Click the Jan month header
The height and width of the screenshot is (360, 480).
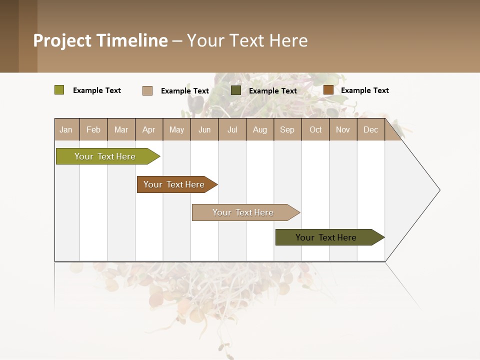(x=66, y=129)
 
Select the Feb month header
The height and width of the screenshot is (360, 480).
(x=93, y=129)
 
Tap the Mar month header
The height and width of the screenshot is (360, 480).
(x=121, y=129)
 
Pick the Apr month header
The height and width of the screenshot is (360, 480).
(x=149, y=129)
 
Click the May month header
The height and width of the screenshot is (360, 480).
(x=176, y=129)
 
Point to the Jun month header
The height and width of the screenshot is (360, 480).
(x=204, y=129)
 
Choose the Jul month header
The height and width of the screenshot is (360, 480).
(x=232, y=129)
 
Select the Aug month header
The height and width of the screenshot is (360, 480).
(x=260, y=129)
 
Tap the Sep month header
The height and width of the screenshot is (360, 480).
(x=287, y=129)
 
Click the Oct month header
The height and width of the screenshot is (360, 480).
(x=315, y=129)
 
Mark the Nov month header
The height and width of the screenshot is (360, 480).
(x=343, y=129)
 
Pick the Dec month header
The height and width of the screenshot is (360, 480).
(x=371, y=129)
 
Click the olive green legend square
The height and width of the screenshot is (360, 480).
(x=59, y=90)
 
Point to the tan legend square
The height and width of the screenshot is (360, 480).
(x=147, y=90)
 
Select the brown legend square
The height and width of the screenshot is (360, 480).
(x=328, y=90)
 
